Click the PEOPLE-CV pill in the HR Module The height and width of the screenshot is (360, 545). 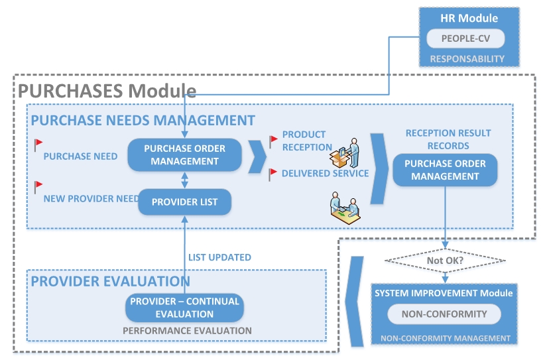pyautogui.click(x=465, y=39)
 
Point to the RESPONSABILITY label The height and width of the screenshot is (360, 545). pyautogui.click(x=467, y=59)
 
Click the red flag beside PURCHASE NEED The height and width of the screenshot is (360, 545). pyautogui.click(x=38, y=143)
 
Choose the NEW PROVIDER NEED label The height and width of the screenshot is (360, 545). pyautogui.click(x=91, y=198)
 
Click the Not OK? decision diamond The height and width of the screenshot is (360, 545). pyautogui.click(x=445, y=261)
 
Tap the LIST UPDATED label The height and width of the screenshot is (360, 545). pyautogui.click(x=219, y=257)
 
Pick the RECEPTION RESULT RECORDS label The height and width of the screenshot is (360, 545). pyautogui.click(x=448, y=139)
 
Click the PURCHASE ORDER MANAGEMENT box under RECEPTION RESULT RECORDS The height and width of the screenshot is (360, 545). pyautogui.click(x=445, y=170)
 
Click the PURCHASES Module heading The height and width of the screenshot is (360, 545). pyautogui.click(x=107, y=91)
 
